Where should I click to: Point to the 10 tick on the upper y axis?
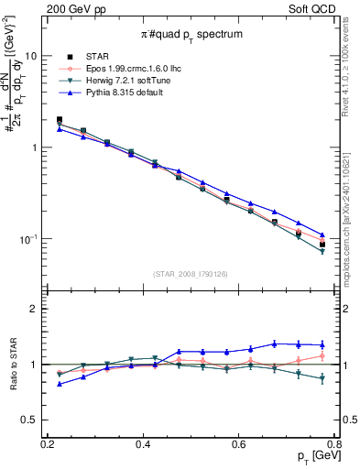[x=32, y=56]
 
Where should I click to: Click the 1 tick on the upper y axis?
[x=36, y=147]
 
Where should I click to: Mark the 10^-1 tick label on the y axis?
[x=30, y=238]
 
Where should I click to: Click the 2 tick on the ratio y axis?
[x=36, y=309]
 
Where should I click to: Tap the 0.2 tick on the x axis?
[x=48, y=444]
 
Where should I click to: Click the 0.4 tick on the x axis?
[x=143, y=444]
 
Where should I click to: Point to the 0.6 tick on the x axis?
[x=239, y=444]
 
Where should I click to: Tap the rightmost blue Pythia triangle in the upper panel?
[x=322, y=234]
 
